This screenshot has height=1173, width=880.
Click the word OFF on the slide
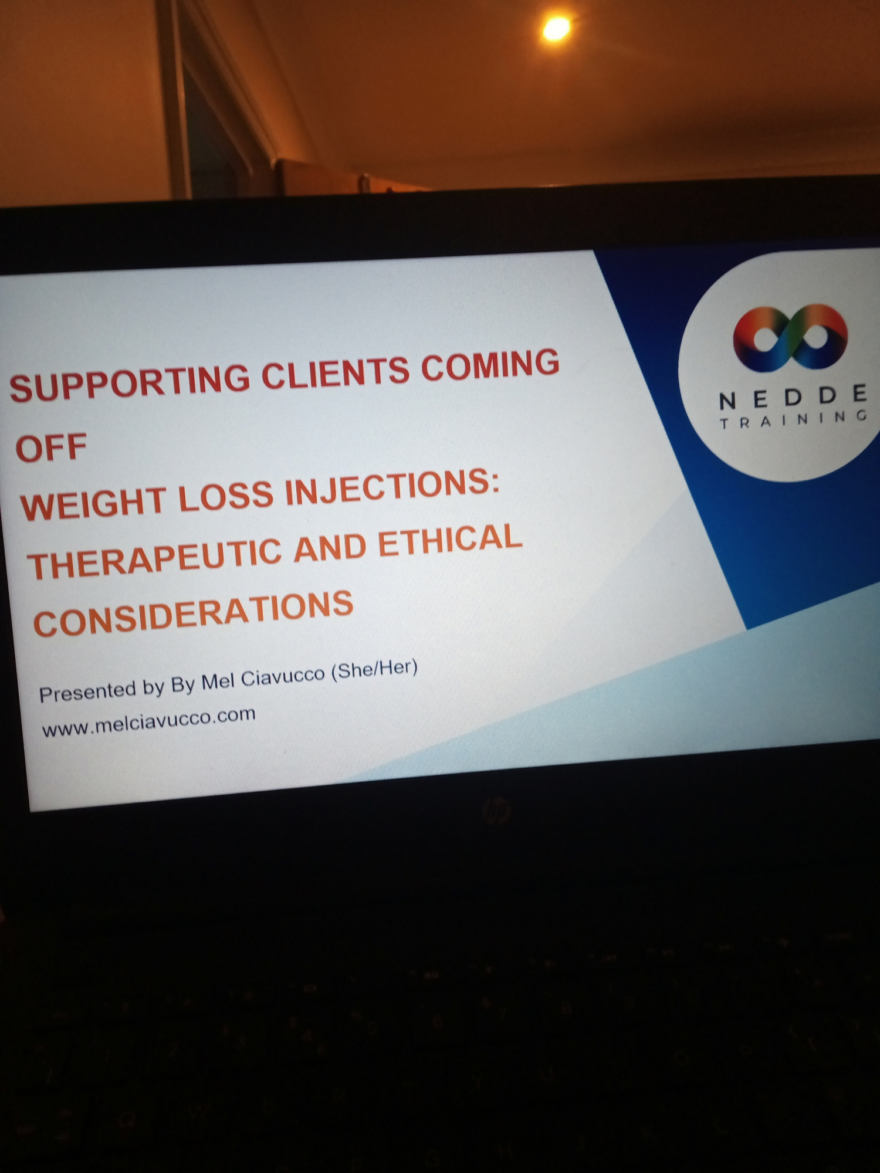(x=51, y=447)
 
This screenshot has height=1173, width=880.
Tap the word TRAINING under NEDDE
(x=794, y=419)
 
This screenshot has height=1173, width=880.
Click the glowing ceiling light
(x=556, y=28)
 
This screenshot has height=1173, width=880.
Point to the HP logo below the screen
(x=496, y=811)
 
